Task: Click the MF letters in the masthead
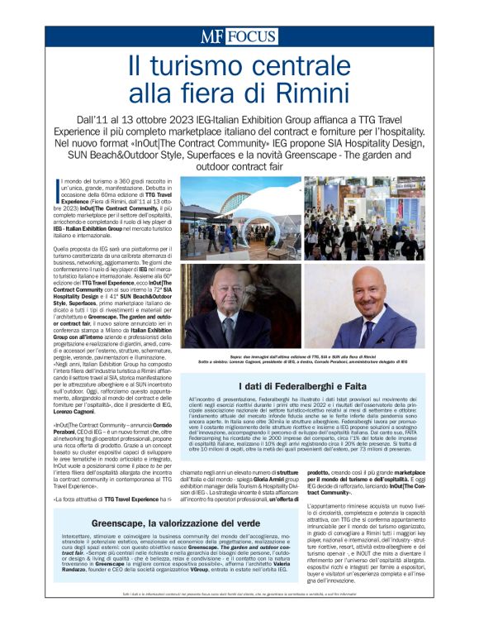click(x=211, y=36)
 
